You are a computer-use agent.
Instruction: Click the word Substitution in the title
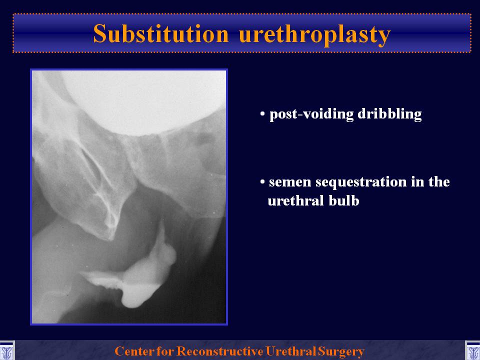pos(160,33)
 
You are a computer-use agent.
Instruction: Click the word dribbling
pos(389,114)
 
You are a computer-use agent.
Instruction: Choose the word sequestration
pos(361,182)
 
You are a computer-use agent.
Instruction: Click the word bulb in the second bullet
pos(344,200)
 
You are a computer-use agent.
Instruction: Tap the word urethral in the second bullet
pos(296,200)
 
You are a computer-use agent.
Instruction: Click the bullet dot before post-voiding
pos(262,114)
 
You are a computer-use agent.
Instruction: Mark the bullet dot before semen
pos(262,182)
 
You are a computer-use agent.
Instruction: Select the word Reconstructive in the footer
pos(220,351)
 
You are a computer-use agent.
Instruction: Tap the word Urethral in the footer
pos(291,351)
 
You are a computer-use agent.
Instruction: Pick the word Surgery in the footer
pos(341,351)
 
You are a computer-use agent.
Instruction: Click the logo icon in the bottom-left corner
pos(6,351)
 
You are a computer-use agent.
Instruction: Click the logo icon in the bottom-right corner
pos(472,351)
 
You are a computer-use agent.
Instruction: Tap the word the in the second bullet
pos(438,182)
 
